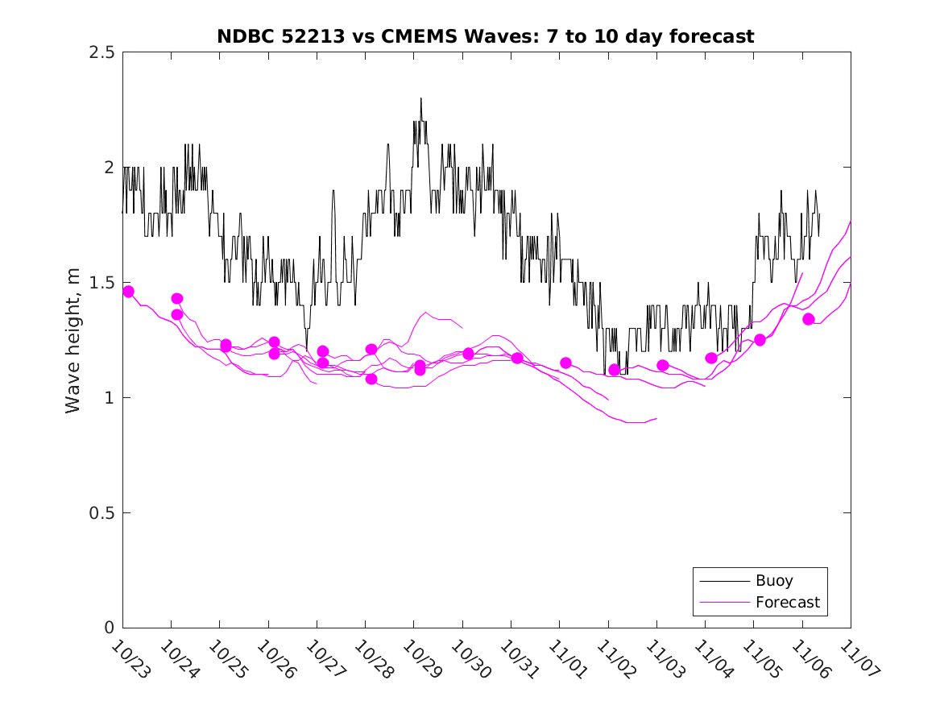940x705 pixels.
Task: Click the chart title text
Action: click(x=485, y=36)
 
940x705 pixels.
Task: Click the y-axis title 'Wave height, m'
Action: click(x=73, y=340)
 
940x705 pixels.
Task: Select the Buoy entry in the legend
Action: click(x=773, y=580)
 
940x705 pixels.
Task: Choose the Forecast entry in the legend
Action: click(x=787, y=602)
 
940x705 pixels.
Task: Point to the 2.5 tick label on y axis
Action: click(x=101, y=52)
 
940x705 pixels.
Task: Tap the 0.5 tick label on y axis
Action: click(x=101, y=513)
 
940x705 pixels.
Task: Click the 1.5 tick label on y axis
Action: click(x=101, y=283)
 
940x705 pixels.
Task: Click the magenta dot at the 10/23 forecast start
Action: click(x=128, y=292)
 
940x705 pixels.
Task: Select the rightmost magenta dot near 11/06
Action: click(x=809, y=319)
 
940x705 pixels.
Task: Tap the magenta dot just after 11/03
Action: click(x=663, y=365)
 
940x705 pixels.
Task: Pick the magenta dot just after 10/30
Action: click(x=469, y=354)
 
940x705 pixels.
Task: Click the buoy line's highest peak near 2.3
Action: click(x=420, y=99)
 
